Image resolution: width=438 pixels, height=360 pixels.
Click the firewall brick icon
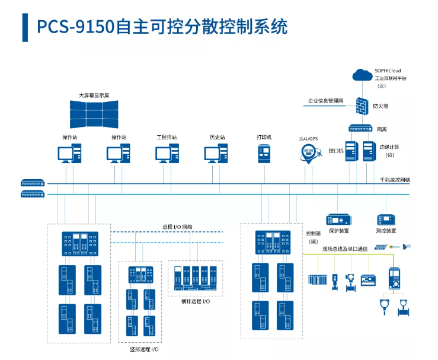[x=362, y=106]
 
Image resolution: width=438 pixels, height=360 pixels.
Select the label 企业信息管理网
[x=325, y=101]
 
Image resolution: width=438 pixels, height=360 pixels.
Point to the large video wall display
[x=94, y=113]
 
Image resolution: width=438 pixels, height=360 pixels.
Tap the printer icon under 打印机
[x=264, y=153]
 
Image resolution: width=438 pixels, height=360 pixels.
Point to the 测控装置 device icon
[x=386, y=219]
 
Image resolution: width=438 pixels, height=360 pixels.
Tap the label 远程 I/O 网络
[x=177, y=226]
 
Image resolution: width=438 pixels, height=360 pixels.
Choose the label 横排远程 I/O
[x=195, y=301]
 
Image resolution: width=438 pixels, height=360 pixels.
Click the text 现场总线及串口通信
[x=345, y=249]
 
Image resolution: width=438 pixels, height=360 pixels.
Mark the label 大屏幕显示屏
[x=94, y=95]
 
